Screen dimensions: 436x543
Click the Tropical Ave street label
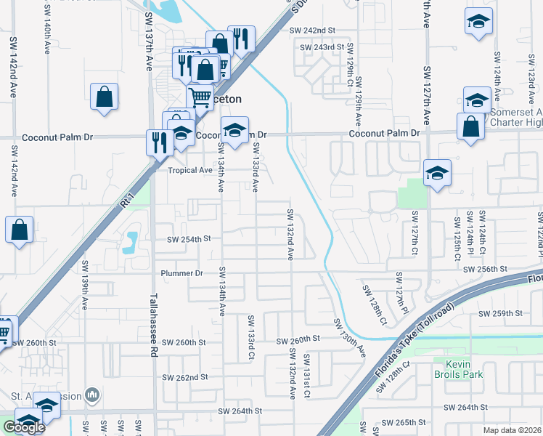(x=189, y=171)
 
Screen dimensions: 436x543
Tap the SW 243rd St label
(x=321, y=47)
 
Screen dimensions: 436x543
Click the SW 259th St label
(x=501, y=313)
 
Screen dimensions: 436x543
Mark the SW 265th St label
(x=404, y=422)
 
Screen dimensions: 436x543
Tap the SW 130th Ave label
(x=350, y=338)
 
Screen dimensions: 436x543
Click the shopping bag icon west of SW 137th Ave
(x=105, y=97)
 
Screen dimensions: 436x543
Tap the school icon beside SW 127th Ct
(x=438, y=174)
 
